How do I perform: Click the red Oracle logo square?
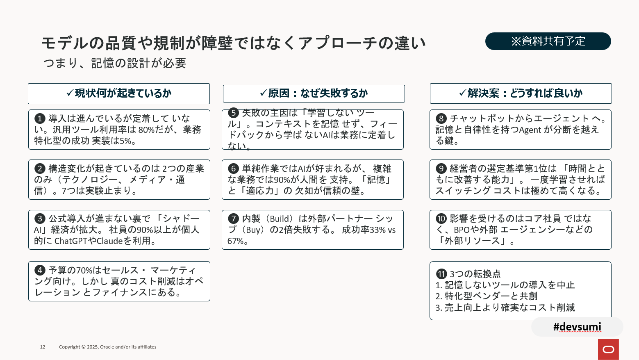pyautogui.click(x=608, y=349)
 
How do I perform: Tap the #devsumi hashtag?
pyautogui.click(x=577, y=327)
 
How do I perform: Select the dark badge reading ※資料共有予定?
pyautogui.click(x=548, y=41)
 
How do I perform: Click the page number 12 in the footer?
pyautogui.click(x=43, y=347)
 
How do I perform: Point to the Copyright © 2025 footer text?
pyautogui.click(x=107, y=347)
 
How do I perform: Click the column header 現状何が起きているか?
pyautogui.click(x=119, y=93)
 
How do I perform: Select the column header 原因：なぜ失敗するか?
pyautogui.click(x=314, y=93)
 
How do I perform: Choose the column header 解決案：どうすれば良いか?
pyautogui.click(x=521, y=93)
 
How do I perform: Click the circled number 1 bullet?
pyautogui.click(x=40, y=118)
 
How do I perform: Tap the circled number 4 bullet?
pyautogui.click(x=40, y=270)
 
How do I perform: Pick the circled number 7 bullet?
pyautogui.click(x=233, y=219)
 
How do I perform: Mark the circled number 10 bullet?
pyautogui.click(x=441, y=219)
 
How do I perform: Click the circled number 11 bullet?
pyautogui.click(x=441, y=274)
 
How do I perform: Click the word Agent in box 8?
pyautogui.click(x=530, y=130)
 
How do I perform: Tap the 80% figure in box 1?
pyautogui.click(x=146, y=130)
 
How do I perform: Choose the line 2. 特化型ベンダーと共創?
pyautogui.click(x=487, y=296)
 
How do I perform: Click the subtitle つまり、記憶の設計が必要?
pyautogui.click(x=115, y=63)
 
